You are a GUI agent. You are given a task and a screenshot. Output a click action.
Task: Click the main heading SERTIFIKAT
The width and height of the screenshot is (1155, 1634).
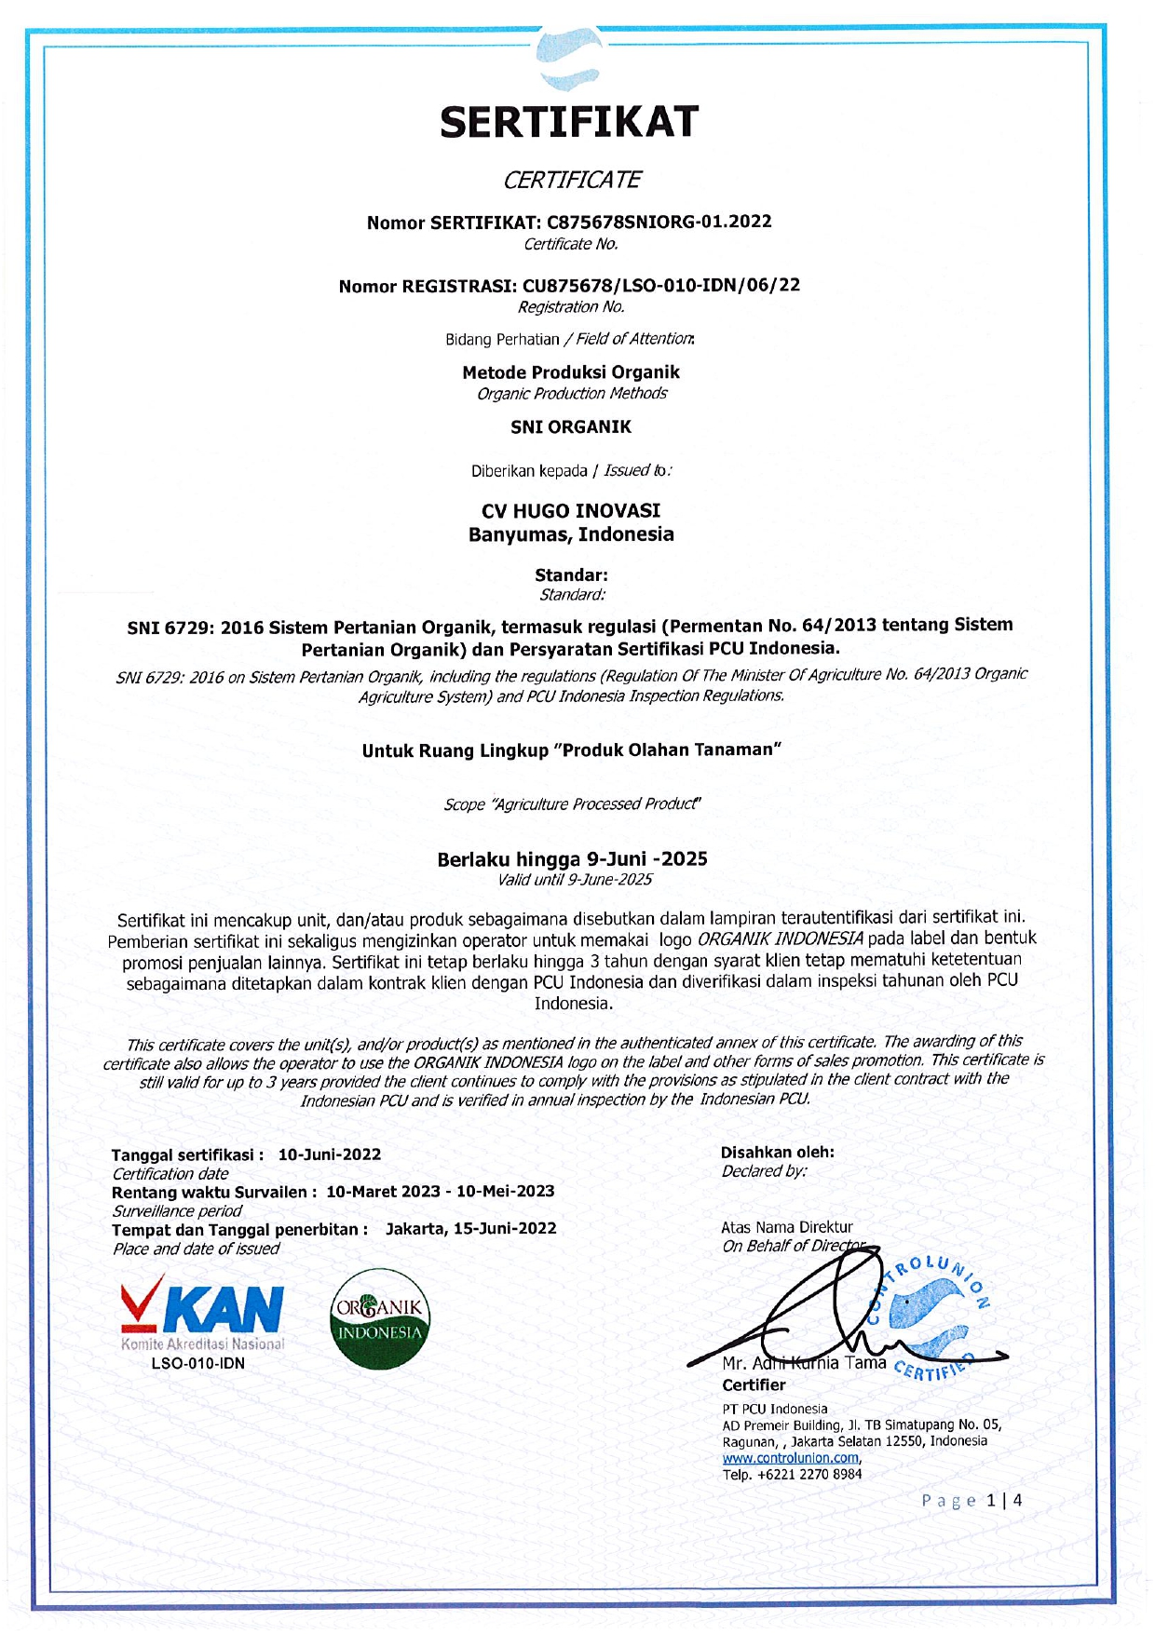tap(569, 122)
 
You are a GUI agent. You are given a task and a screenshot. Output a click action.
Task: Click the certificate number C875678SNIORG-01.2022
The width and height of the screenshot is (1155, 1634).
tap(659, 222)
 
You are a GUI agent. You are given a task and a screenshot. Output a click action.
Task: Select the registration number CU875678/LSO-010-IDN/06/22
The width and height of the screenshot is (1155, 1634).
tap(660, 285)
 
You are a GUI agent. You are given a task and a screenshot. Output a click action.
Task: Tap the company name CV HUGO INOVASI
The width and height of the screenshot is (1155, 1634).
tap(571, 511)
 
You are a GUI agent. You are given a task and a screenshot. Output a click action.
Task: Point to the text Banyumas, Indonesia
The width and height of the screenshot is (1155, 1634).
tap(571, 534)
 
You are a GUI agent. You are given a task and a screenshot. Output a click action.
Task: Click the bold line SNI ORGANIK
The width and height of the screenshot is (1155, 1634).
tap(571, 427)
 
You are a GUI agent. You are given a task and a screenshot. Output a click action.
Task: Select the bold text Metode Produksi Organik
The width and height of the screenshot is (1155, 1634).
tap(571, 372)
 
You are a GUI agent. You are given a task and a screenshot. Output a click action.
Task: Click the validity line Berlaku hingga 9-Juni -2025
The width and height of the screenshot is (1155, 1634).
tap(572, 858)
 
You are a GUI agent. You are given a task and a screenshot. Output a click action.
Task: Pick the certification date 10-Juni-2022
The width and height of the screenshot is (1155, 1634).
tap(330, 1155)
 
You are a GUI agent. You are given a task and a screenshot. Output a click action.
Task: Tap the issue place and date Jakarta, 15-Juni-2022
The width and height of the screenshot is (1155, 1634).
tap(470, 1229)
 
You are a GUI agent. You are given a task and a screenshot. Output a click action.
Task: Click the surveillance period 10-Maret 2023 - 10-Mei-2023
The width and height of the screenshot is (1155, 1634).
tap(440, 1192)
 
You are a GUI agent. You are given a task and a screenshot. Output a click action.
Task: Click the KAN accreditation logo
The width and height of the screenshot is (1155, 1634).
tap(202, 1313)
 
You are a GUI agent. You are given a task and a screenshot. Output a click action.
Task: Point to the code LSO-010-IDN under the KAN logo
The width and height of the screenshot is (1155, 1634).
tap(198, 1364)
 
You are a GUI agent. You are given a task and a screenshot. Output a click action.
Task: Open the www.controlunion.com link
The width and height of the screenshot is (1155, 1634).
tap(791, 1458)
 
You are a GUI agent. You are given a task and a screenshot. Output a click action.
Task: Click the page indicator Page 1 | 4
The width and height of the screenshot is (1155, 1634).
tap(972, 1501)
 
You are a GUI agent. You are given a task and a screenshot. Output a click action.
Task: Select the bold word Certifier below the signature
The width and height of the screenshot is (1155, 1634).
tap(754, 1385)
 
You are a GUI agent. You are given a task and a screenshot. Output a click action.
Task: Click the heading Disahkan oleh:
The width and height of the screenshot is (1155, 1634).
tap(777, 1153)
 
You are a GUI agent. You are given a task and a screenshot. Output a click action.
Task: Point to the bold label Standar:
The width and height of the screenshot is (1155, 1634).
tap(571, 575)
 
